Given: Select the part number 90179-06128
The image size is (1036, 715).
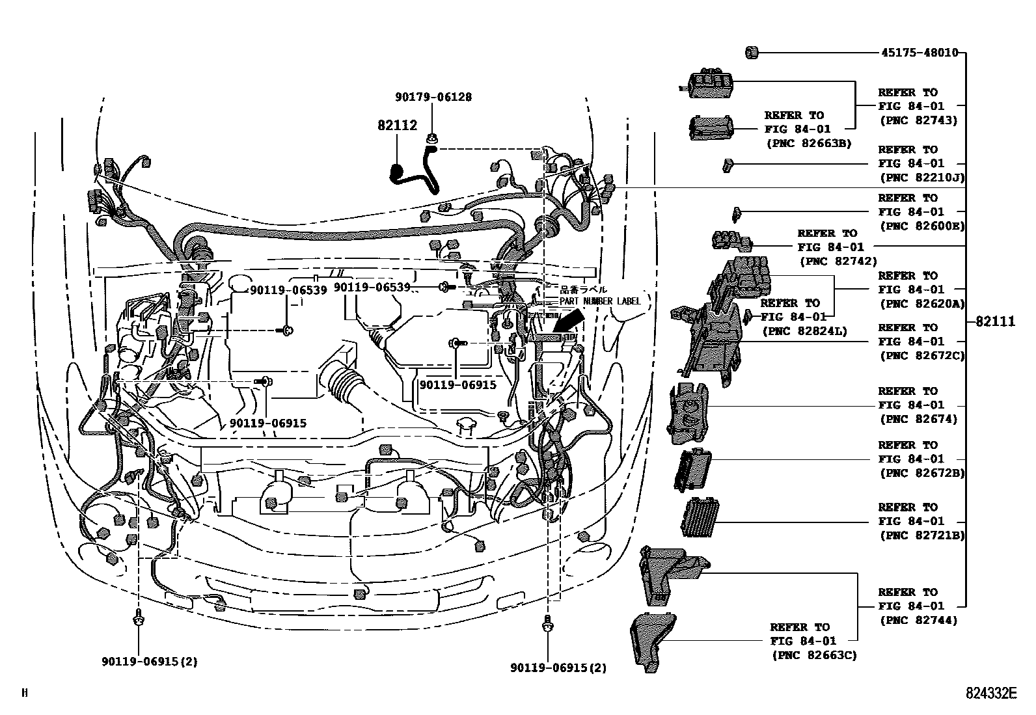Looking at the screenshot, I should (433, 97).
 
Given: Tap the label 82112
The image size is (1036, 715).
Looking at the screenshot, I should (397, 125).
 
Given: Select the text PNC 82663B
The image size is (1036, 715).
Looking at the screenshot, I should (808, 144).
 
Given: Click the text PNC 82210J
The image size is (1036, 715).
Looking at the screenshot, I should (921, 178).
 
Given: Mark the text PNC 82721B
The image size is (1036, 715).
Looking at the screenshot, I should (921, 535).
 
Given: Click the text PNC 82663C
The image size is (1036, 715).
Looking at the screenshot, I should (814, 655).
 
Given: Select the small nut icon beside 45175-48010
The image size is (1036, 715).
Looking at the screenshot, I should (752, 53).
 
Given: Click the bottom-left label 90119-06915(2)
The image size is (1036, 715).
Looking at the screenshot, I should (149, 662).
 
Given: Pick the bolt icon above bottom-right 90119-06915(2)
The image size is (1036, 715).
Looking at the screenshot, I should (547, 624).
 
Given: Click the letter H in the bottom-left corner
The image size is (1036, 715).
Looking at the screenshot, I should (25, 694).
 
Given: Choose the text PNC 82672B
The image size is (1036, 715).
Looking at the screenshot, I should (921, 473).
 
